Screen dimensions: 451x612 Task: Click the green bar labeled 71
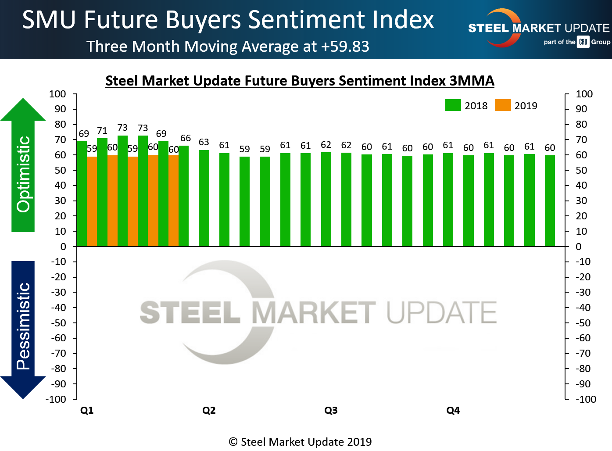(x=102, y=192)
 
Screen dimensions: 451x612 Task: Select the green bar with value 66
(x=183, y=196)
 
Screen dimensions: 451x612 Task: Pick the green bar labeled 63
(x=204, y=198)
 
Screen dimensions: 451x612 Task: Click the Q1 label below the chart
(x=87, y=411)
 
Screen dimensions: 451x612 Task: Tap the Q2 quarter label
(x=209, y=411)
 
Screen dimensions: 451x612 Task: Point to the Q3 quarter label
(x=331, y=411)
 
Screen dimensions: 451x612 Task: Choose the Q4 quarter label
(x=453, y=411)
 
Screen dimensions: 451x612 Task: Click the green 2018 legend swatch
(x=453, y=105)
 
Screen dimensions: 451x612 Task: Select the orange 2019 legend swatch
(x=503, y=105)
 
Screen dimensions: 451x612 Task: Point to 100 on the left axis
(x=57, y=94)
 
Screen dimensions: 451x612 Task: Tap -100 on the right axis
(x=586, y=399)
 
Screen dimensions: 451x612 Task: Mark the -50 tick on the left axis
(x=58, y=323)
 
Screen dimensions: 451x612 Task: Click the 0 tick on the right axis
(x=579, y=247)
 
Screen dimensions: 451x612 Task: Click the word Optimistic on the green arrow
(x=23, y=174)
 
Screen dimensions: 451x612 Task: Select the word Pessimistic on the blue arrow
(x=23, y=326)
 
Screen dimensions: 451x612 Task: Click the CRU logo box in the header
(x=583, y=42)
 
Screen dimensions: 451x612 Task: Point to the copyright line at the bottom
(x=300, y=442)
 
